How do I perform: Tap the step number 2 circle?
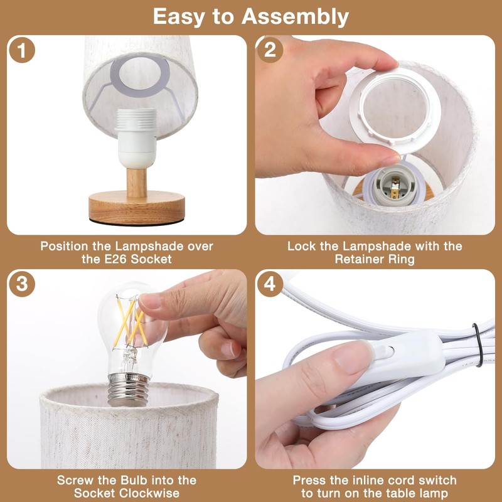(270, 50)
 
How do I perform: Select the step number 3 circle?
(22, 285)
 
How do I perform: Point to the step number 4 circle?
(270, 285)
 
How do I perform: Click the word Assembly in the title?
(295, 17)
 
